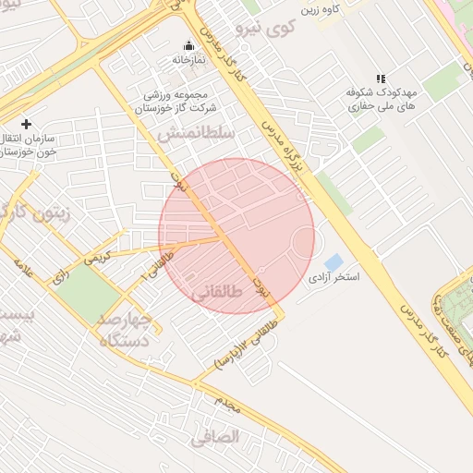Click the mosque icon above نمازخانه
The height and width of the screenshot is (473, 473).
point(189,45)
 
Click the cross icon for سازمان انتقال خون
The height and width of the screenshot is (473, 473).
point(26,124)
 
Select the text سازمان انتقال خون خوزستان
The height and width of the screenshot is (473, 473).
point(30,144)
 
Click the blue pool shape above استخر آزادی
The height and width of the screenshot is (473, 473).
point(334,261)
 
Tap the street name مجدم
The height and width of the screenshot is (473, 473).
point(227,402)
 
